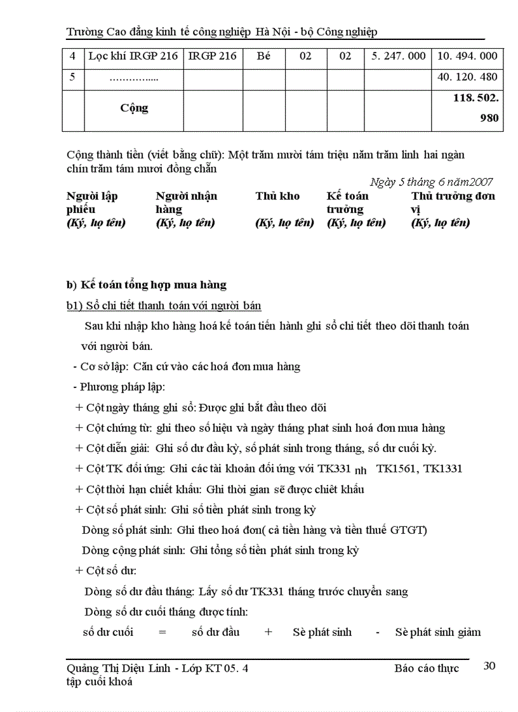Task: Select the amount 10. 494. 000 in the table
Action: (x=467, y=56)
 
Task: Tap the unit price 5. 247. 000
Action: (x=398, y=56)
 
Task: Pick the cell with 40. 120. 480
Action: (x=467, y=77)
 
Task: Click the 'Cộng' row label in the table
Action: (x=134, y=108)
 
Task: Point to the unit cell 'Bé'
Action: (x=263, y=56)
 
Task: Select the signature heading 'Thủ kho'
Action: (x=277, y=196)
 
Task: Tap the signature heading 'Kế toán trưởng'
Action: (x=347, y=202)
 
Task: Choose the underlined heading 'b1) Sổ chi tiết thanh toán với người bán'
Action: (x=164, y=306)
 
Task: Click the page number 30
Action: (x=489, y=666)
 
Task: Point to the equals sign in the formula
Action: (x=162, y=632)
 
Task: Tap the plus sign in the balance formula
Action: (x=269, y=632)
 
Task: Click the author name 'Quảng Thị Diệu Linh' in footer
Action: (x=118, y=668)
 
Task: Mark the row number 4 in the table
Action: (x=72, y=56)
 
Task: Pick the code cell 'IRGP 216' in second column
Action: (x=213, y=56)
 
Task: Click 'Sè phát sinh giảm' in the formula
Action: (x=437, y=632)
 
